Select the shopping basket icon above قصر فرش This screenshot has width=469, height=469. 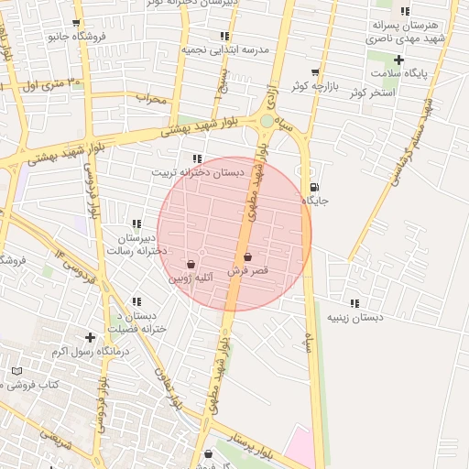248,257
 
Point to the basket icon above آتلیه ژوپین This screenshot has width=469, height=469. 191,263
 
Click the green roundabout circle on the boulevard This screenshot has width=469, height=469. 267,120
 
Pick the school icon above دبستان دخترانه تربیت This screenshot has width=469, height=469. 197,158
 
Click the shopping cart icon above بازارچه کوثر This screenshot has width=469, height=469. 315,71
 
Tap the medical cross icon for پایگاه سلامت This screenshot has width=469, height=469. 398,60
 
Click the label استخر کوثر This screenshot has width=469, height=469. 398,93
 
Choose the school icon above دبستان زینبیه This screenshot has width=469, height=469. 354,303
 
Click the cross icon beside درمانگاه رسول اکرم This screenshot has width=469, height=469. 90,337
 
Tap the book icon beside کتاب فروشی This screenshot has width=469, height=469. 16,371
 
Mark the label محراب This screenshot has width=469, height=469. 151,96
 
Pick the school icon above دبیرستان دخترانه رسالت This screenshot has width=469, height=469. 136,224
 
